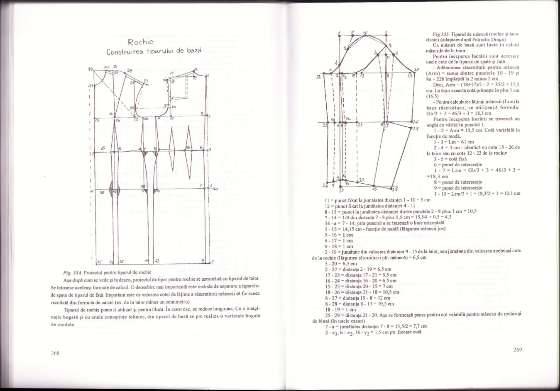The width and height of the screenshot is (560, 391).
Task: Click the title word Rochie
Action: [141, 42]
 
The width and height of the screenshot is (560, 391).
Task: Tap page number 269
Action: [517, 350]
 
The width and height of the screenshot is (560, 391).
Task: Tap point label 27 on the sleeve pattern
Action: [417, 70]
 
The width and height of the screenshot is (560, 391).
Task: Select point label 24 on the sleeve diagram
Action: [325, 185]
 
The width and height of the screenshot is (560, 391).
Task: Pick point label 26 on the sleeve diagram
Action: [416, 121]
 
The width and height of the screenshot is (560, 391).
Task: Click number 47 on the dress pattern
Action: [100, 262]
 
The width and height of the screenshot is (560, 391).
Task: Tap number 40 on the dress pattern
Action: [215, 189]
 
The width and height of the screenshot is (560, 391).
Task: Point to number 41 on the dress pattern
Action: [92, 192]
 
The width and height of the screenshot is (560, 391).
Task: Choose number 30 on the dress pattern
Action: [106, 67]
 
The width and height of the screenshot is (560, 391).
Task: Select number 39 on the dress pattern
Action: [102, 192]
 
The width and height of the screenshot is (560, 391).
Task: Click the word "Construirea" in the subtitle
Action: [124, 52]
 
